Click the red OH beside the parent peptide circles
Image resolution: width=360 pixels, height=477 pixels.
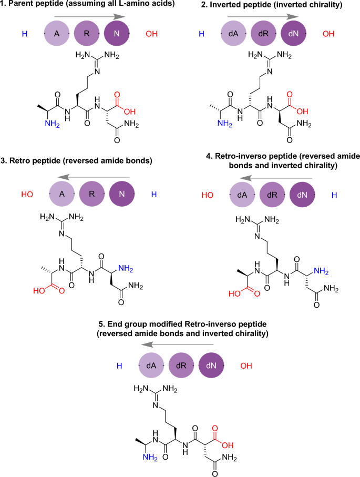point(151,35)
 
